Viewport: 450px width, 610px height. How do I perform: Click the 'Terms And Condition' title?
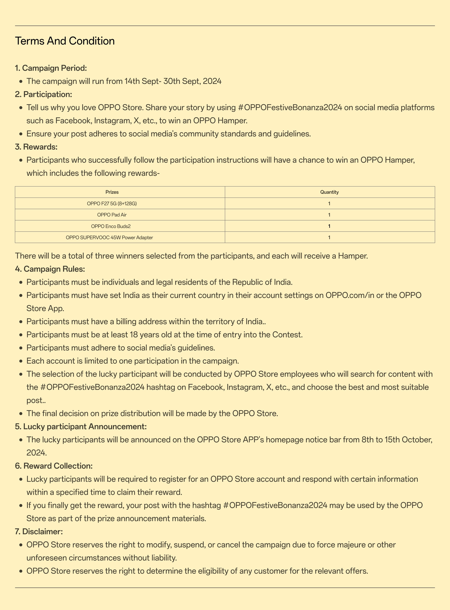click(65, 41)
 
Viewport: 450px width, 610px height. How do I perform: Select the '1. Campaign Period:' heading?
click(51, 68)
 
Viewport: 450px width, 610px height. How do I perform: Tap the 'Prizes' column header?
click(112, 192)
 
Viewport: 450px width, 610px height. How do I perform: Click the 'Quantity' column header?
click(329, 192)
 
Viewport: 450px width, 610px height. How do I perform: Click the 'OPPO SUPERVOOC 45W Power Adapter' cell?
click(109, 237)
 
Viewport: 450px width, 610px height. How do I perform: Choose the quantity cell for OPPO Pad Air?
click(329, 215)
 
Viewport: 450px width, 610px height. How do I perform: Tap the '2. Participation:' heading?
click(44, 94)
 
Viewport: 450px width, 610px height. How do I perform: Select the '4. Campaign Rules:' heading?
click(50, 269)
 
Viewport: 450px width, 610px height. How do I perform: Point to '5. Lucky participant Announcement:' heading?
click(81, 426)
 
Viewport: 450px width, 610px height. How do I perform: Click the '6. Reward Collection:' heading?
click(54, 466)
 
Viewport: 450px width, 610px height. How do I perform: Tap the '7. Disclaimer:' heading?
click(39, 532)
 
